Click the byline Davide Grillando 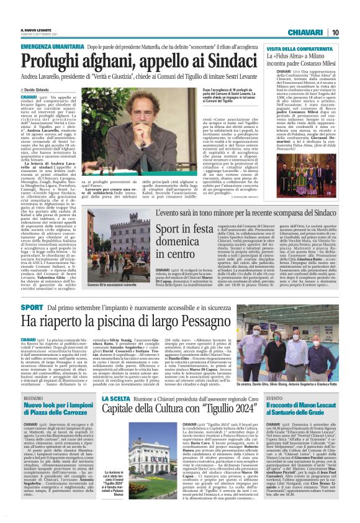(x=38, y=91)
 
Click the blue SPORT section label (x=32, y=307)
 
